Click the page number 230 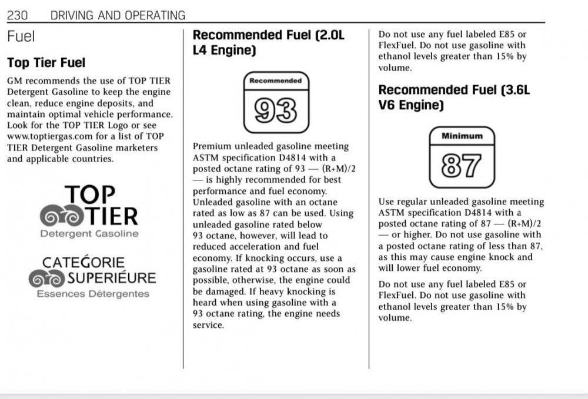click(18, 15)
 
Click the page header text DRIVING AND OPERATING click(118, 15)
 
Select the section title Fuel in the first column click(21, 36)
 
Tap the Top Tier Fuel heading click(46, 62)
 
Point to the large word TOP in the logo click(89, 195)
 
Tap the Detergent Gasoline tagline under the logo click(89, 234)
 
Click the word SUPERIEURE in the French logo click(111, 277)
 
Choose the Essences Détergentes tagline click(93, 294)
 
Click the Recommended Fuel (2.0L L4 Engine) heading click(269, 42)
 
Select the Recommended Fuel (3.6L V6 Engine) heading click(454, 98)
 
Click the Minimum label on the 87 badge click(462, 136)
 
